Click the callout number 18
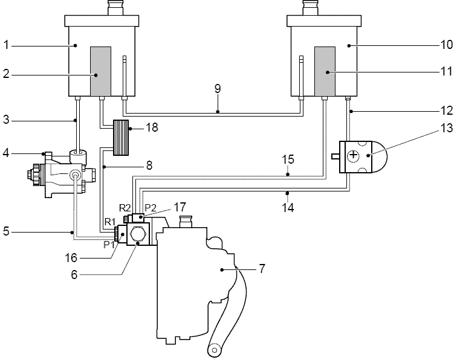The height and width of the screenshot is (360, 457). pos(152,127)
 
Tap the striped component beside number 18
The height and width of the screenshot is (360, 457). pos(121,138)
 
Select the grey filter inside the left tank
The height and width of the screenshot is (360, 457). pos(100,71)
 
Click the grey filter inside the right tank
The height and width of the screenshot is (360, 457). pos(325,71)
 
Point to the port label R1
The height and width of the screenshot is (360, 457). pos(110,222)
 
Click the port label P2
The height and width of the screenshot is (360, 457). pos(151,208)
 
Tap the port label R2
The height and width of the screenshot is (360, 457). pos(125,208)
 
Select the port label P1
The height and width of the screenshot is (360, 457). pos(109,245)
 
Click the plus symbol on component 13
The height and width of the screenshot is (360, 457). pos(353,155)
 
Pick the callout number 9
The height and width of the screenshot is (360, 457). pos(218,89)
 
